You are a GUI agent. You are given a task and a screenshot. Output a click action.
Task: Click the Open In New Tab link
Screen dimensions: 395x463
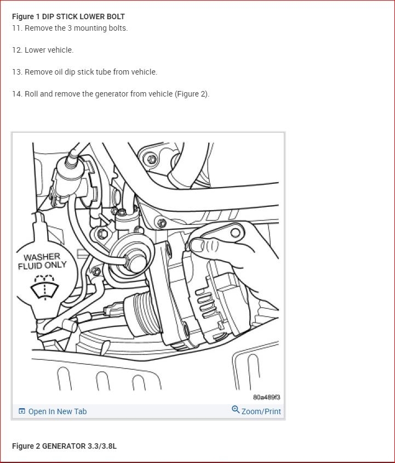[x=57, y=411]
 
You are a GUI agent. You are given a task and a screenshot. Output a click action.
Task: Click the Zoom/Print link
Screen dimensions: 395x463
[x=261, y=411]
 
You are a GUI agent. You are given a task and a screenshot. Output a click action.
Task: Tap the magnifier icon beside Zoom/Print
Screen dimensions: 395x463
[x=236, y=410]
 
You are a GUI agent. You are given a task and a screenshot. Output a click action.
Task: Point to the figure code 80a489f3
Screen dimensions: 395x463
[x=266, y=397]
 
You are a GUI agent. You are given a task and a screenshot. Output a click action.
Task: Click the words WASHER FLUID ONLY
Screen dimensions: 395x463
[x=42, y=261]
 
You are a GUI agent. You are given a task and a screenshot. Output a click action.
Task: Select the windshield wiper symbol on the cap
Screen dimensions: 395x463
[x=45, y=287]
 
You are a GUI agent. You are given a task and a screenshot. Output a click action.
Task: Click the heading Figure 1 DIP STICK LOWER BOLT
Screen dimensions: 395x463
[x=68, y=16]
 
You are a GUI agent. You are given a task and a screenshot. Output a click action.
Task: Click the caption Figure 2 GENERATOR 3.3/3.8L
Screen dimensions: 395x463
[x=64, y=446]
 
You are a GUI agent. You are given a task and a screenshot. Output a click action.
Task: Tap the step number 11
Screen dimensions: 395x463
[x=16, y=29]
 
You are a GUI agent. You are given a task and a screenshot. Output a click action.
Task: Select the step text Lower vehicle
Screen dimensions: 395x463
[x=49, y=50]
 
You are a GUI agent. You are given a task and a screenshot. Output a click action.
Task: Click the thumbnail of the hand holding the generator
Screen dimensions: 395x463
[x=233, y=245]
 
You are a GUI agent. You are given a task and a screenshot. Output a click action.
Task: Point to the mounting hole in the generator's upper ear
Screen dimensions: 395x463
[x=236, y=233]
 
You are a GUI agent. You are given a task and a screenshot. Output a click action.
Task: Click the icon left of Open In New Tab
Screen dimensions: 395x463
[x=22, y=411]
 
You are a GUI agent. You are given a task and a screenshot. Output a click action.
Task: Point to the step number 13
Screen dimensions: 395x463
[x=16, y=72]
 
